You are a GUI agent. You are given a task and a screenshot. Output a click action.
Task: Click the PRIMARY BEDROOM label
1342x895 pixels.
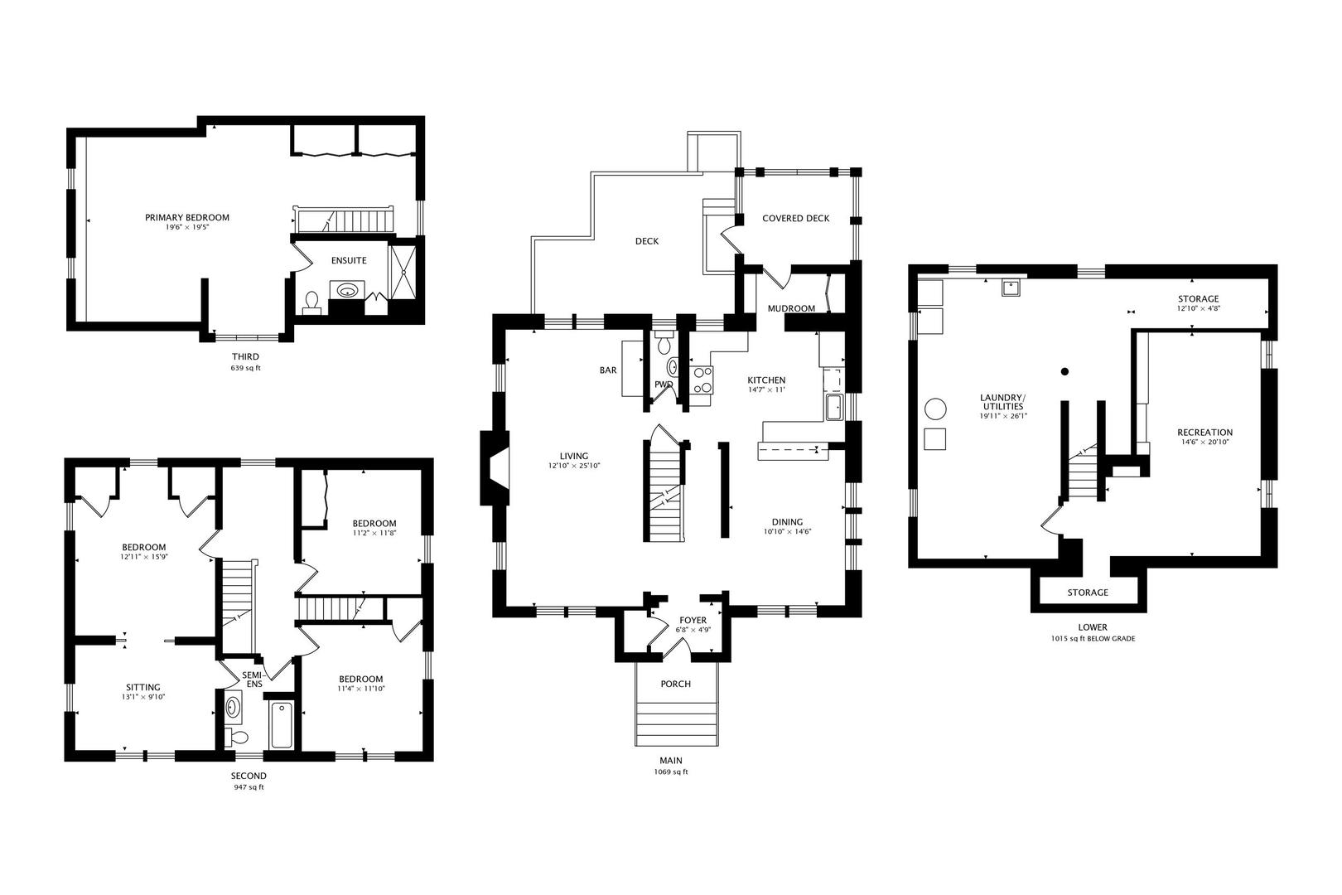187,218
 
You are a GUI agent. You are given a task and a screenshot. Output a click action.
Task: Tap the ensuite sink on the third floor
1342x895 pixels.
347,291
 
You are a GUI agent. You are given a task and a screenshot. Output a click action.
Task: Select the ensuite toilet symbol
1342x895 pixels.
311,302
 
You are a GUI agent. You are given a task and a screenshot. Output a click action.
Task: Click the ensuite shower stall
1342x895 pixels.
403,272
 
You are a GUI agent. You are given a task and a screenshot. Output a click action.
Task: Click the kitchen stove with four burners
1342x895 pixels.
701,380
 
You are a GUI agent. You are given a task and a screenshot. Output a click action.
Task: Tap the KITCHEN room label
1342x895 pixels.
766,380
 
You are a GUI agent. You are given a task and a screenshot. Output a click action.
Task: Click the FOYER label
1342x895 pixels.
693,620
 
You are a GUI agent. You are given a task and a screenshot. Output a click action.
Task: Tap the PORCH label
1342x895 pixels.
676,684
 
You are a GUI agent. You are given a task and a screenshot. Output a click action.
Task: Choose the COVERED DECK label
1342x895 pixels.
795,219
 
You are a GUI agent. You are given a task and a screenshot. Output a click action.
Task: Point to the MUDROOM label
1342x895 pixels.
791,308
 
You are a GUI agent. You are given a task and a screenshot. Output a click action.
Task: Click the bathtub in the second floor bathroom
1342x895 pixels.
281,725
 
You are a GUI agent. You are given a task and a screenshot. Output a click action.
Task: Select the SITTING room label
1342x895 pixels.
143,688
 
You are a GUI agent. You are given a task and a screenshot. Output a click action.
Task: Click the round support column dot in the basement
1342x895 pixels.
1064,371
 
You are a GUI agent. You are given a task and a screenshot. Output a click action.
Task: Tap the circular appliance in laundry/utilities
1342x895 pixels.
935,409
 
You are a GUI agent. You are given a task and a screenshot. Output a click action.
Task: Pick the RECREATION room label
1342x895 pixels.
1204,433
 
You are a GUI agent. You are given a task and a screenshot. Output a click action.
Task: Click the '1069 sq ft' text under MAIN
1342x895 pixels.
671,772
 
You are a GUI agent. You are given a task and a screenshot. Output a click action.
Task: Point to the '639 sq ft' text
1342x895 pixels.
246,368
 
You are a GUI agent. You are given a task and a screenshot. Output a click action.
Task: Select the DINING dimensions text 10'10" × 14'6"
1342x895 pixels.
787,532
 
